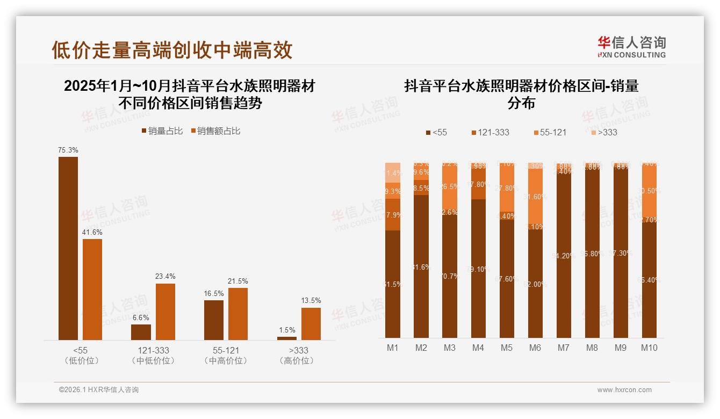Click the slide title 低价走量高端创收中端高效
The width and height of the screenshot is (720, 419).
tap(172, 50)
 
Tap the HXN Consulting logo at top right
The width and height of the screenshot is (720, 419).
tap(631, 47)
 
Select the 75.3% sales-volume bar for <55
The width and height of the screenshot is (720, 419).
tap(68, 248)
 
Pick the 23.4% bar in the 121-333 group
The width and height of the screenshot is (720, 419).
tap(165, 312)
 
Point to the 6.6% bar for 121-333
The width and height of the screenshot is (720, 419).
tap(141, 332)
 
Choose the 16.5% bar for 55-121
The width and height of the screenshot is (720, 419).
tap(214, 320)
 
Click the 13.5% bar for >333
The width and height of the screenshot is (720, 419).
tap(311, 323)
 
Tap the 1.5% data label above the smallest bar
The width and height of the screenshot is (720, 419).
tap(287, 330)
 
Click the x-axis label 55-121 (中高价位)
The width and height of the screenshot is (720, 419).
tap(226, 355)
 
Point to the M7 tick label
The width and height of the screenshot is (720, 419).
tap(563, 348)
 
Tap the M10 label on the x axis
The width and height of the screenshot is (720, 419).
tap(649, 348)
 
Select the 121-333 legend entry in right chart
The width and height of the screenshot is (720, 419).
tap(489, 132)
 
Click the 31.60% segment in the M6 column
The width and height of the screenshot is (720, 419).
tap(535, 197)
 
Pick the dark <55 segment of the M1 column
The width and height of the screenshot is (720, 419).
tap(393, 284)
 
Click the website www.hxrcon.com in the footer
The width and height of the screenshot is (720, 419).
tap(624, 390)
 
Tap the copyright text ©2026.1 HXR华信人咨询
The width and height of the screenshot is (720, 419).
tap(99, 390)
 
